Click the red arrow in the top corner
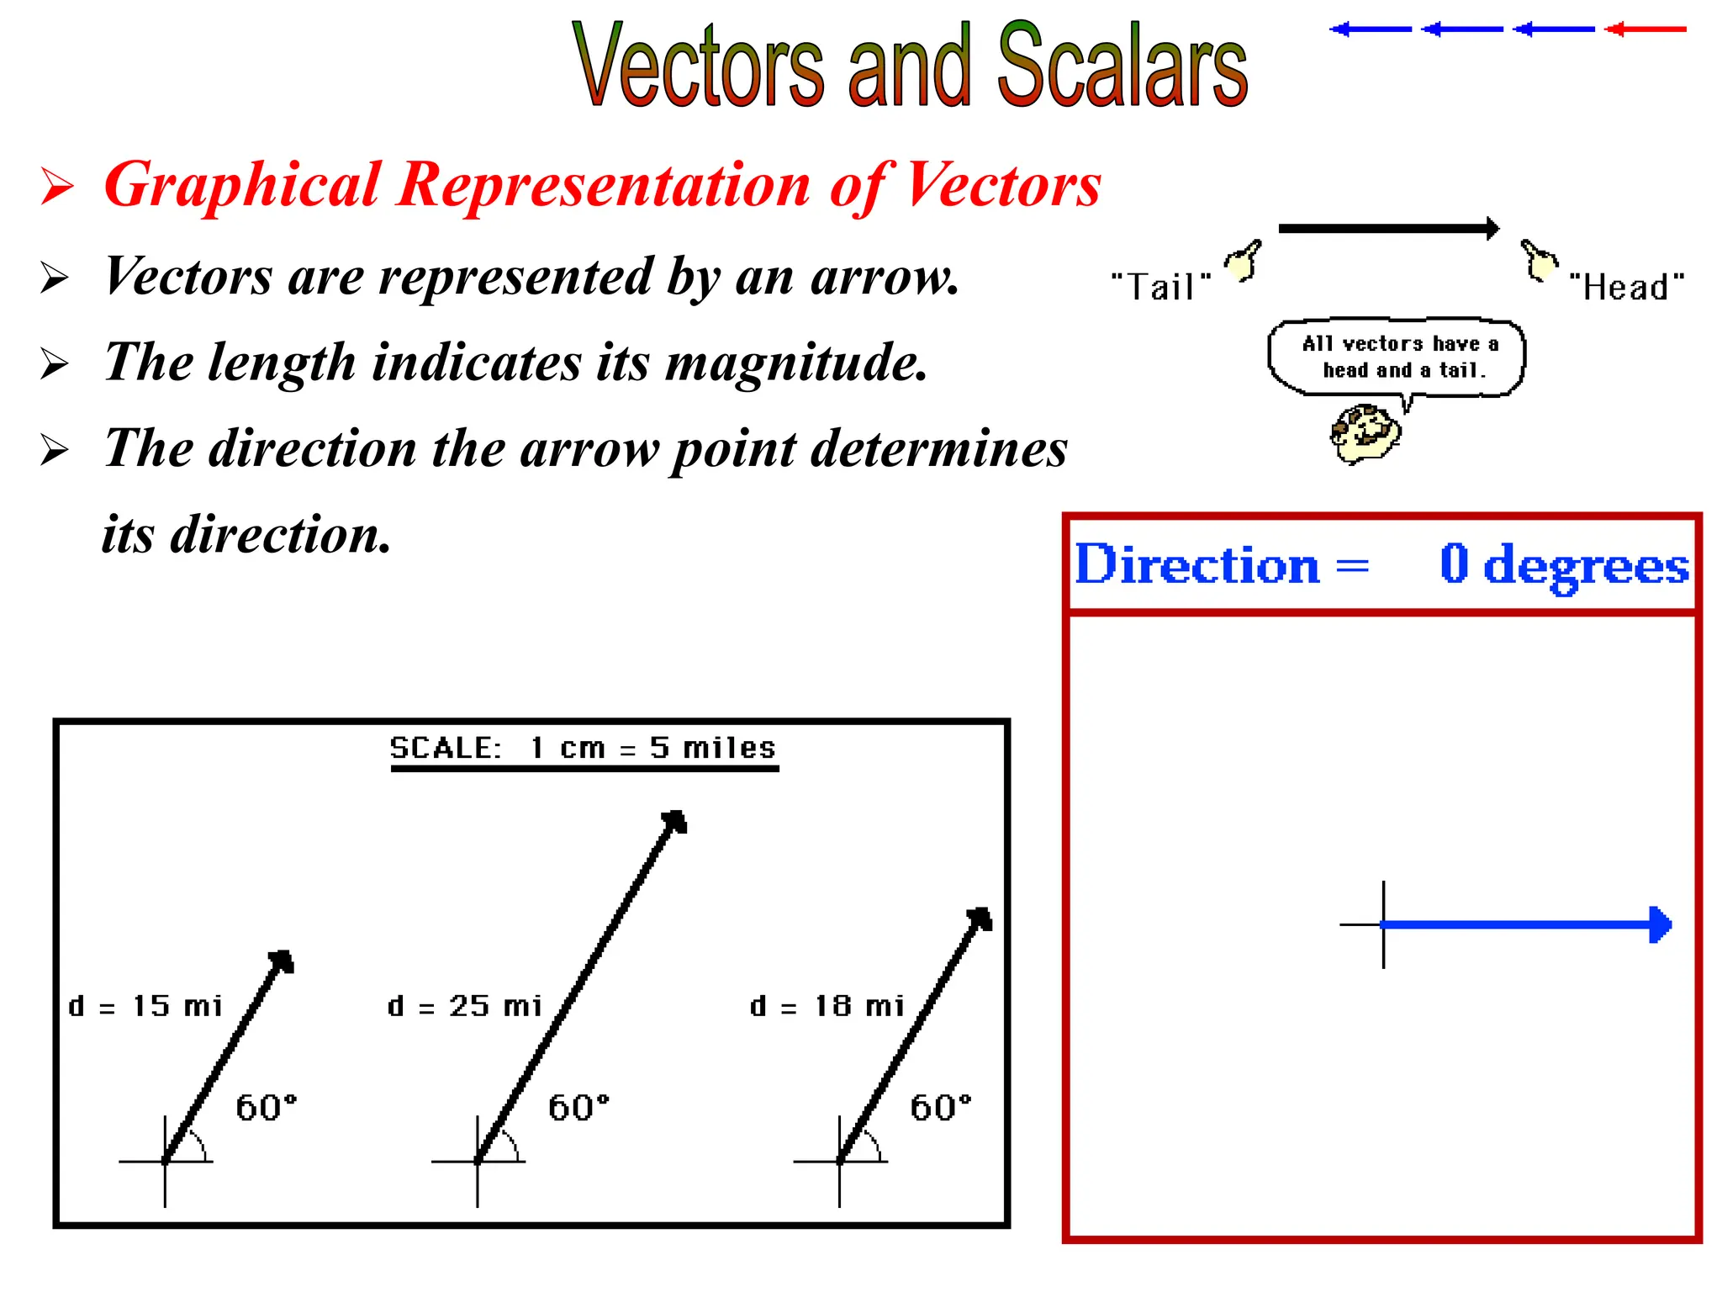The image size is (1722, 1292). pyautogui.click(x=1645, y=29)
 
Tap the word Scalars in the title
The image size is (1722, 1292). pyautogui.click(x=1122, y=66)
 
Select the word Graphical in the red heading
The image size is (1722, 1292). pyautogui.click(x=242, y=186)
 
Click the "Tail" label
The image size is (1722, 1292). pyautogui.click(x=1161, y=287)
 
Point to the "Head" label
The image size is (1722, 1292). pyautogui.click(x=1627, y=287)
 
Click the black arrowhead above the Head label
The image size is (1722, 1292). pyautogui.click(x=1492, y=228)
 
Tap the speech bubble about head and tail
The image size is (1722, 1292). pyautogui.click(x=1397, y=357)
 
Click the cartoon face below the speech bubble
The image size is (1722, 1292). pyautogui.click(x=1365, y=433)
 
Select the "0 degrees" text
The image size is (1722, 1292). pyautogui.click(x=1564, y=564)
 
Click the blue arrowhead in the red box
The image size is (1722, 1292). pyautogui.click(x=1660, y=924)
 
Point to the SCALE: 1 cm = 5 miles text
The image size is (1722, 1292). pyautogui.click(x=583, y=748)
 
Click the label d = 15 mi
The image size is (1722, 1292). pyautogui.click(x=145, y=1006)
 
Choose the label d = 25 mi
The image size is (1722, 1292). pyautogui.click(x=465, y=1006)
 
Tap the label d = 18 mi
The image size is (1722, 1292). pyautogui.click(x=827, y=1006)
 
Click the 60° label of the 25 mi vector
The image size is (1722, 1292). pyautogui.click(x=578, y=1108)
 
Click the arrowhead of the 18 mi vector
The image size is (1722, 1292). pyautogui.click(x=981, y=919)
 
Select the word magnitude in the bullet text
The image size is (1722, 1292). pyautogui.click(x=796, y=363)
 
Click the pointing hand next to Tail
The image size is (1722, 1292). pyautogui.click(x=1243, y=262)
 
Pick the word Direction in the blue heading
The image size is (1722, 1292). pyautogui.click(x=1197, y=564)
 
